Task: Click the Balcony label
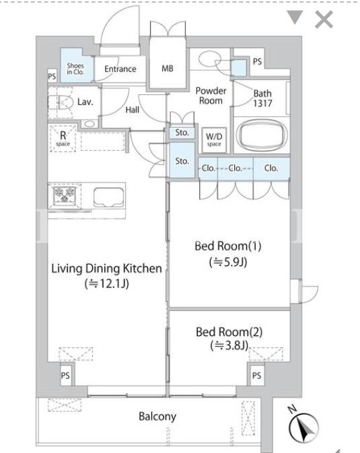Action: pyautogui.click(x=157, y=416)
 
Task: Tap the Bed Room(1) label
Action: pyautogui.click(x=228, y=246)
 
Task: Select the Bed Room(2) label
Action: pyautogui.click(x=229, y=332)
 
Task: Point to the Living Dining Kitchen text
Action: pyautogui.click(x=106, y=269)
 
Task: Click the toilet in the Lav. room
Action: pyautogui.click(x=60, y=102)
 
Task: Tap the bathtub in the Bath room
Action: pyautogui.click(x=262, y=135)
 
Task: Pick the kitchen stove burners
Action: pyautogui.click(x=65, y=195)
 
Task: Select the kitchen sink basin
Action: pyautogui.click(x=109, y=197)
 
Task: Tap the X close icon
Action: pyautogui.click(x=324, y=20)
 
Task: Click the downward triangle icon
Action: pyautogui.click(x=295, y=17)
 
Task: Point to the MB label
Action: pyautogui.click(x=168, y=69)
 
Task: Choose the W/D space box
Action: pyautogui.click(x=214, y=140)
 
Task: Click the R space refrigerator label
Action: pyautogui.click(x=63, y=139)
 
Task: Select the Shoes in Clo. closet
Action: pyautogui.click(x=77, y=65)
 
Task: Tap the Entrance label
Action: pyautogui.click(x=120, y=69)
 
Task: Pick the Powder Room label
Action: pyautogui.click(x=211, y=96)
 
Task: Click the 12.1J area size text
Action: pyautogui.click(x=106, y=284)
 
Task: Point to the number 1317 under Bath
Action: pyautogui.click(x=262, y=104)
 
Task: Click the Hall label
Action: pyautogui.click(x=133, y=110)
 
